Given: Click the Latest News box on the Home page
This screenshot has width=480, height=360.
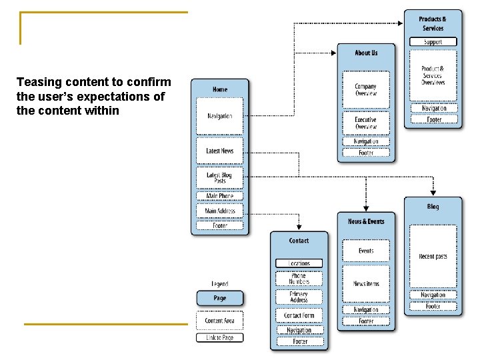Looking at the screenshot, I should pyautogui.click(x=219, y=151).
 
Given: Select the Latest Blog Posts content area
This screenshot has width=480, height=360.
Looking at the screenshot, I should pyautogui.click(x=219, y=178).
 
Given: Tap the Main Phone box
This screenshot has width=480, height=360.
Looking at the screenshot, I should pyautogui.click(x=219, y=196).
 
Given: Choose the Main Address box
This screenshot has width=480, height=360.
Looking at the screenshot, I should pyautogui.click(x=219, y=211).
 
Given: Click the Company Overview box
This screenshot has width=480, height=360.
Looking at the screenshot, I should pyautogui.click(x=365, y=90).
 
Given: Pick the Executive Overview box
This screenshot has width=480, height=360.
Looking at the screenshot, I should pyautogui.click(x=365, y=123).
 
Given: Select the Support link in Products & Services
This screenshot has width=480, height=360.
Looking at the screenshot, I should pyautogui.click(x=433, y=42).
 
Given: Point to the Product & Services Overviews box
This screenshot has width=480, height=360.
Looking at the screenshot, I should pyautogui.click(x=433, y=75).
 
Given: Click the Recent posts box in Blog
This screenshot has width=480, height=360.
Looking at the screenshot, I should pyautogui.click(x=433, y=256).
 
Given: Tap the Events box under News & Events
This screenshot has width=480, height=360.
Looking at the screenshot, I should pyautogui.click(x=366, y=251).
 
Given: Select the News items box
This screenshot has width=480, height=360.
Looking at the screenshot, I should pyautogui.click(x=366, y=283).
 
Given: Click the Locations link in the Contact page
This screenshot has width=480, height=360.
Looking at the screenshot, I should pyautogui.click(x=299, y=263).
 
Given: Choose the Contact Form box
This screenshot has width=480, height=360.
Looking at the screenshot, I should pyautogui.click(x=299, y=315).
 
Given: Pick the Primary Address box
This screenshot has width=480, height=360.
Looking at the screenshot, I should pyautogui.click(x=299, y=297).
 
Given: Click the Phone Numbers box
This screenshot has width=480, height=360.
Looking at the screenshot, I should pyautogui.click(x=299, y=279).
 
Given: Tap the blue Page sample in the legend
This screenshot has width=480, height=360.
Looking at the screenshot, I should pyautogui.click(x=219, y=299).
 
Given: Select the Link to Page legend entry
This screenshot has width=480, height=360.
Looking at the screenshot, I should pyautogui.click(x=219, y=337).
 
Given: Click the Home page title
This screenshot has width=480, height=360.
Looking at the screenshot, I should pyautogui.click(x=219, y=89).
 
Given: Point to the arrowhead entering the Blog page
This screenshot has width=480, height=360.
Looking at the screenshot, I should pyautogui.click(x=433, y=187).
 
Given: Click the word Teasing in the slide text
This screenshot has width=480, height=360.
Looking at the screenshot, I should pyautogui.click(x=38, y=82).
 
